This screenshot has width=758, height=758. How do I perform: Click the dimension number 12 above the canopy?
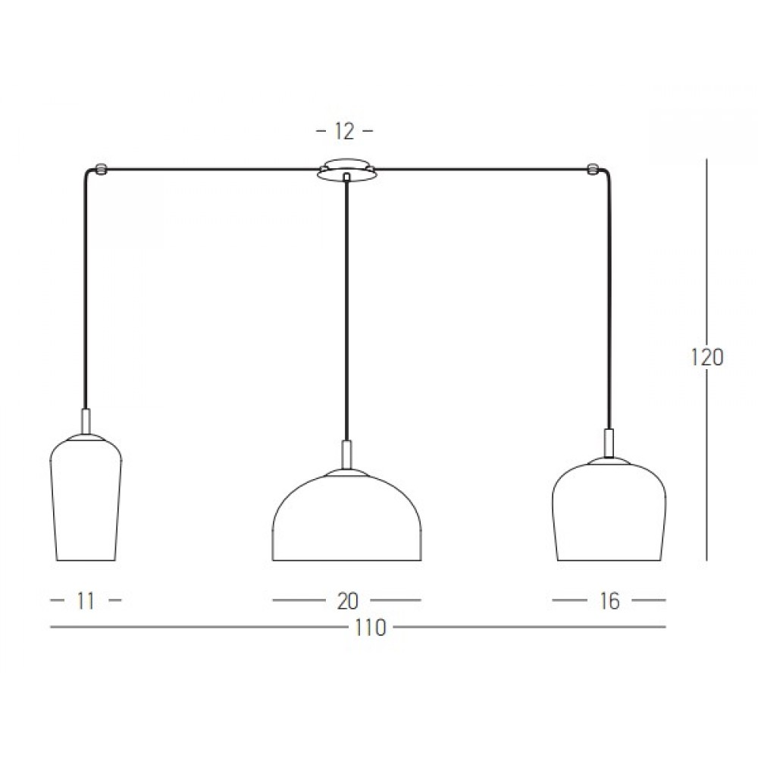(345, 131)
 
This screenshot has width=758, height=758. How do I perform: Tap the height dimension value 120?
(706, 358)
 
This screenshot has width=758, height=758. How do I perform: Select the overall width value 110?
(371, 628)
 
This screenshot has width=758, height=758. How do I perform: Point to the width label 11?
(86, 601)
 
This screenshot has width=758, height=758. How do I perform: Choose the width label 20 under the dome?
(348, 601)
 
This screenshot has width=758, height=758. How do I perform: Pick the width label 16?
(609, 601)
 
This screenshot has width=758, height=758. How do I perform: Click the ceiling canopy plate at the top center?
(346, 169)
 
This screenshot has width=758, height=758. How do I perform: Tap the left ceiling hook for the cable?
(101, 169)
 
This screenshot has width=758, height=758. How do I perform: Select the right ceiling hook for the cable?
(593, 169)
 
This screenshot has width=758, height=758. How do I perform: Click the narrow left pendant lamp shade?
(86, 498)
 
